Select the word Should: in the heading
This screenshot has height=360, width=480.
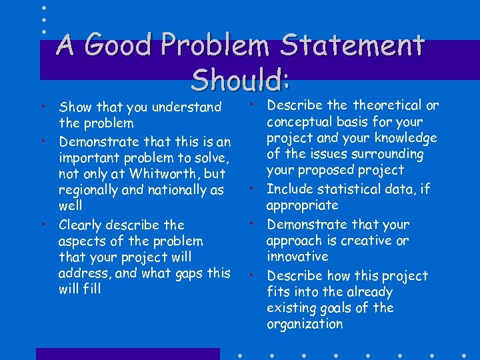pos(240,80)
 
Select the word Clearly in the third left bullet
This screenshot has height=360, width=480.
pos(81,225)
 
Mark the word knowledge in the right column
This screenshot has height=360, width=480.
pos(406,138)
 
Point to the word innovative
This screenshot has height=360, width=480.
pos(297,257)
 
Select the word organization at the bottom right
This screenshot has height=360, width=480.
pos(305,325)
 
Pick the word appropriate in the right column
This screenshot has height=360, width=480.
pos(302,205)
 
